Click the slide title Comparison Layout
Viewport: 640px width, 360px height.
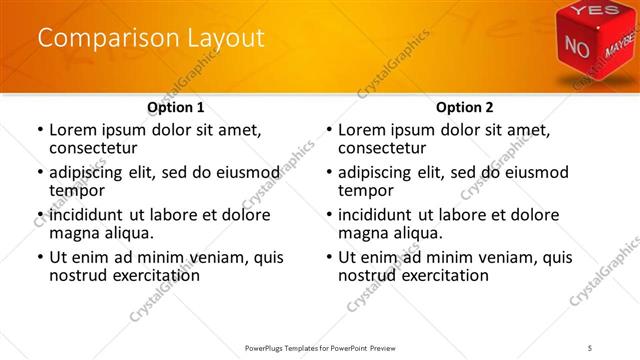[x=151, y=39]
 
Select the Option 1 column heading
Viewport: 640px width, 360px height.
[x=176, y=108]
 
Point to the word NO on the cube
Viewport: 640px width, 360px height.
[x=577, y=46]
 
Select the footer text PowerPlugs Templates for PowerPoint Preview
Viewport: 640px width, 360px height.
[x=318, y=347]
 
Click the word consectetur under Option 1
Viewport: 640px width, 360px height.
[x=91, y=148]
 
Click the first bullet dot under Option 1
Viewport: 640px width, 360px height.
[x=39, y=130]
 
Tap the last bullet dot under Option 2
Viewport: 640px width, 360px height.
[x=328, y=257]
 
